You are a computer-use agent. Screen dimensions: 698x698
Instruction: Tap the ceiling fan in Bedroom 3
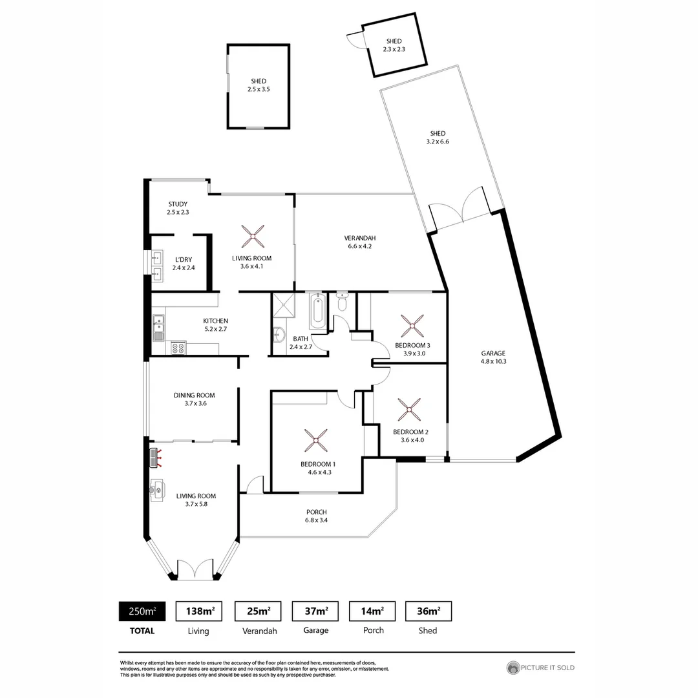click(412, 324)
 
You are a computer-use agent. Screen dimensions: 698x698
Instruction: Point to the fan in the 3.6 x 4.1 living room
click(252, 236)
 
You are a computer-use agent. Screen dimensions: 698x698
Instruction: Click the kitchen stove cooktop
click(178, 348)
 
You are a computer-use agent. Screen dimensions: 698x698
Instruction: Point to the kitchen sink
click(158, 327)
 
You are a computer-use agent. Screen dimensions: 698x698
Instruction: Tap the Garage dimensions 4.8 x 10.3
click(492, 362)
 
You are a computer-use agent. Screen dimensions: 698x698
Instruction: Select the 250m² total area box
click(142, 611)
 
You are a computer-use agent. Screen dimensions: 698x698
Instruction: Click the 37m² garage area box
click(316, 611)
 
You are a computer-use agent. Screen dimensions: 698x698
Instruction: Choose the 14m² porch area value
click(373, 611)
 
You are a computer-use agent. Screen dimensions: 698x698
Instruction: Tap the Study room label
click(177, 204)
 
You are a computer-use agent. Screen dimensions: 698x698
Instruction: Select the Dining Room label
click(194, 396)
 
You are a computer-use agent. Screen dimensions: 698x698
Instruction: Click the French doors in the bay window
click(195, 569)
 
